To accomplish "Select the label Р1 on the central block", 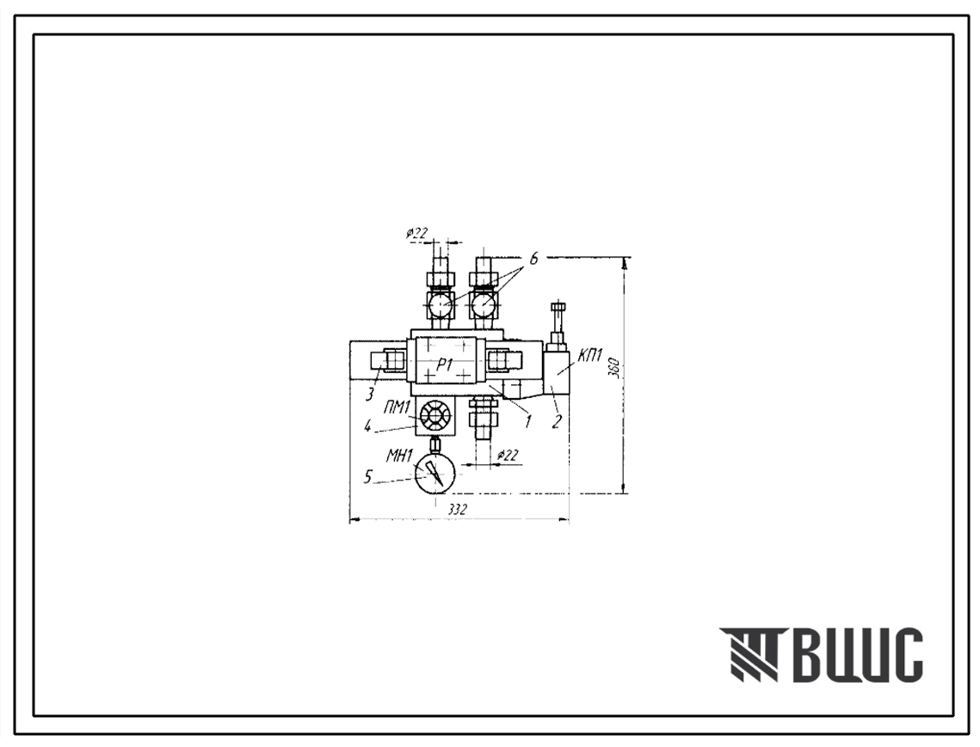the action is (444, 365).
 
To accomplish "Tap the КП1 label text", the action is (590, 357).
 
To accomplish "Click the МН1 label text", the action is (398, 456).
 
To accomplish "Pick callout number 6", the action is (533, 260).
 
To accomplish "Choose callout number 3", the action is (370, 394).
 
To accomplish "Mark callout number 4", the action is (368, 428).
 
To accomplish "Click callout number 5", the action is (368, 476).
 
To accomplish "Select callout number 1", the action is (527, 421).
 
